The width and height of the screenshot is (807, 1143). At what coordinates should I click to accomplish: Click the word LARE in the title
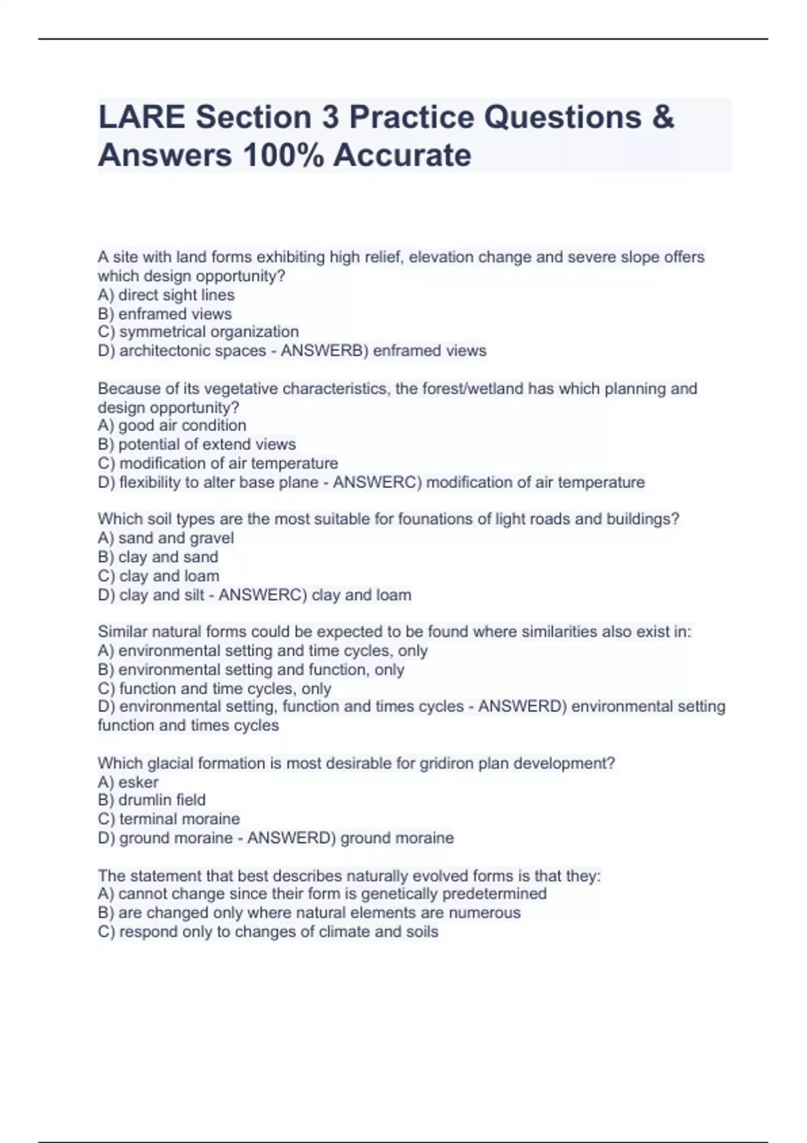(141, 118)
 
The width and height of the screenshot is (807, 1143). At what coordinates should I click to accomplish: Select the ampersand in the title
(662, 118)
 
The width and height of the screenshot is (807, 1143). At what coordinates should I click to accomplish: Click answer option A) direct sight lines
(166, 295)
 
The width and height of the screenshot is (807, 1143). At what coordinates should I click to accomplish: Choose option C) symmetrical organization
(198, 332)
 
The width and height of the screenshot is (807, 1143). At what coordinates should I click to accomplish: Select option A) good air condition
(172, 426)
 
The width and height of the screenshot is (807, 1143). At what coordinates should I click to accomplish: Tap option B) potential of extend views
(196, 444)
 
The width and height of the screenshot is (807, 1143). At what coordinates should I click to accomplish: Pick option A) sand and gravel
(166, 538)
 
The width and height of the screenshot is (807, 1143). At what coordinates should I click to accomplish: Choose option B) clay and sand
(158, 557)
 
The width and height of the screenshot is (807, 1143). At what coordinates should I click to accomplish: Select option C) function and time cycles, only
(215, 688)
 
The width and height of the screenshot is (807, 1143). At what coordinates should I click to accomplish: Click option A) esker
(128, 782)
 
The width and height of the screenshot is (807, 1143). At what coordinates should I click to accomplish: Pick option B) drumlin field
(152, 800)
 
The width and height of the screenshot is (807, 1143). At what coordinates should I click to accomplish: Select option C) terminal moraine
(169, 819)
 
